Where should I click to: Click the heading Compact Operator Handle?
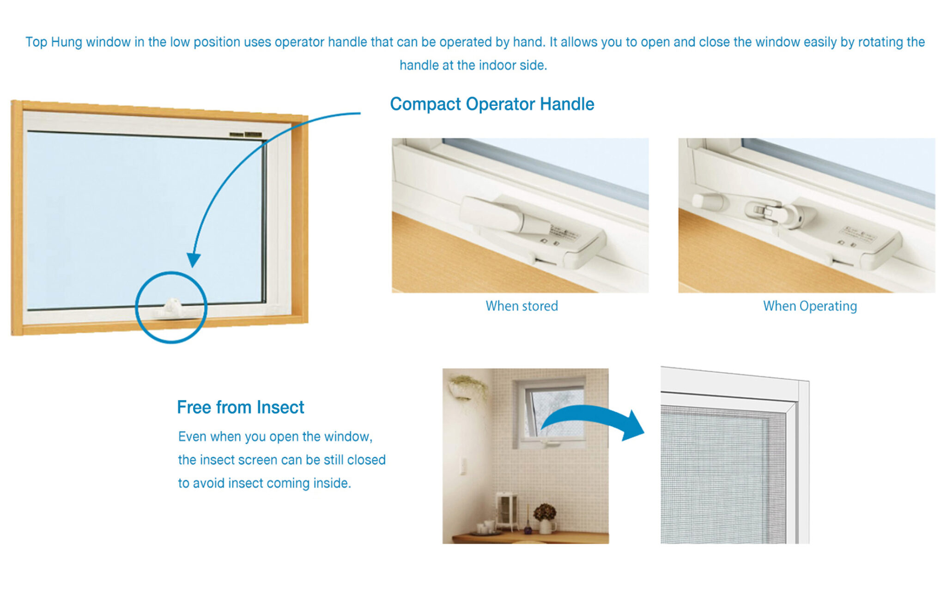(x=491, y=104)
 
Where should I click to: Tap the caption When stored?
(x=522, y=306)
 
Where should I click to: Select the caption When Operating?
(x=810, y=306)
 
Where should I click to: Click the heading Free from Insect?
(x=240, y=407)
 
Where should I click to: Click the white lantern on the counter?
(x=507, y=511)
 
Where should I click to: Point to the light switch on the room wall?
(x=463, y=466)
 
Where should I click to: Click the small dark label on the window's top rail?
(x=246, y=134)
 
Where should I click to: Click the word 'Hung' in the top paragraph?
(x=67, y=42)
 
